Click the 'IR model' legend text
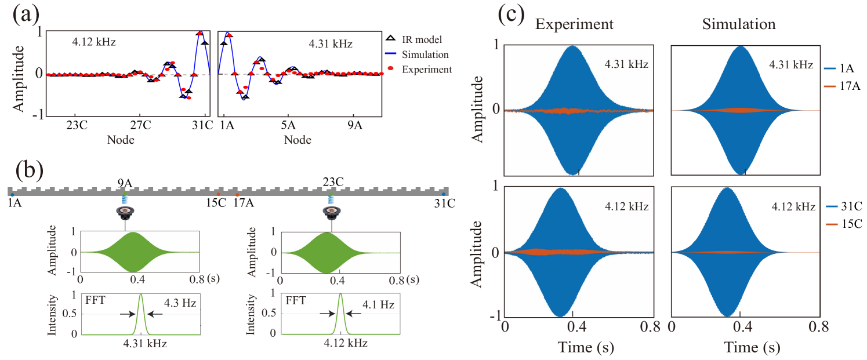(x=422, y=40)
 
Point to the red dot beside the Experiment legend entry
(x=390, y=68)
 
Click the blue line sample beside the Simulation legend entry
(x=390, y=54)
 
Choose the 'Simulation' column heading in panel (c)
(x=739, y=24)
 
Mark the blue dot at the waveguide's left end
(x=12, y=195)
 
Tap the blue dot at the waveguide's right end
(x=444, y=195)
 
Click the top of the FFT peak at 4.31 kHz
(x=141, y=295)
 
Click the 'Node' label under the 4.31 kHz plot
(x=298, y=140)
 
